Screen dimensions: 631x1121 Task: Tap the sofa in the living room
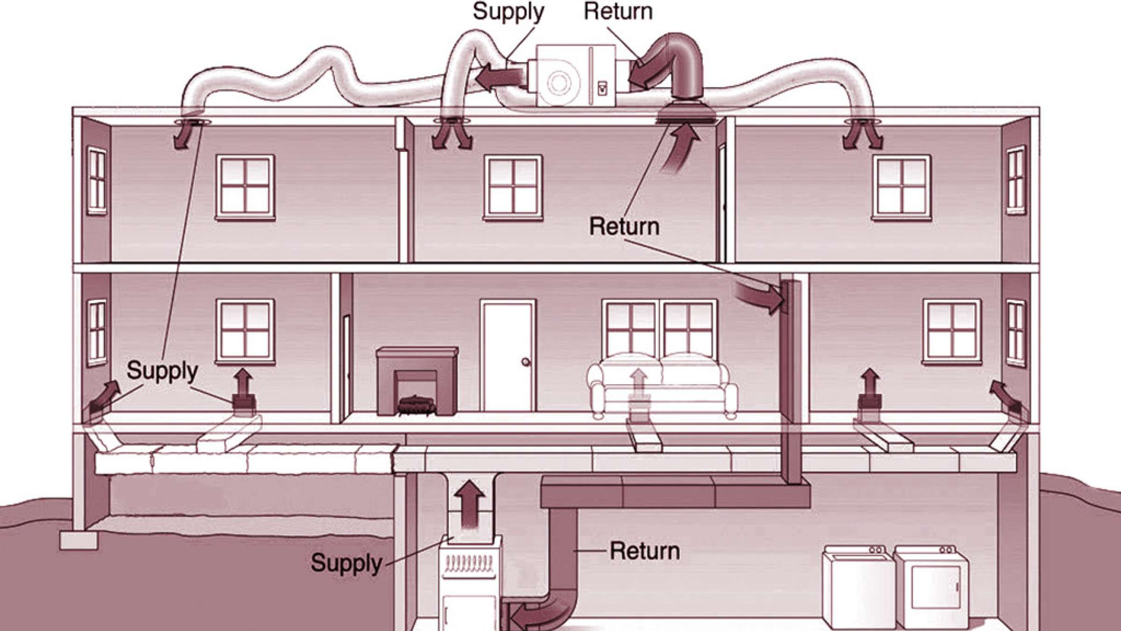[661, 386]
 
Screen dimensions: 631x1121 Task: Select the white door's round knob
[526, 361]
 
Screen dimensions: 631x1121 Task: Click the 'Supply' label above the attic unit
[508, 12]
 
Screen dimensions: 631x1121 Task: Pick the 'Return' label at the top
[618, 11]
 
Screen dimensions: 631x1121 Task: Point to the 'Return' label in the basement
[645, 551]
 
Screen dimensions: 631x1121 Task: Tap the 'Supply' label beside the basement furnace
[346, 562]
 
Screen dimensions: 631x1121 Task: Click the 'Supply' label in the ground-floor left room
[162, 371]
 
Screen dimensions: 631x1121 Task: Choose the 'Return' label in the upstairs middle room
[624, 227]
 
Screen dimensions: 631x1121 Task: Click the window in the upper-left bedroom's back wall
[245, 187]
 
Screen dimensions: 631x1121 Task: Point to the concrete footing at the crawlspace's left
[79, 540]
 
